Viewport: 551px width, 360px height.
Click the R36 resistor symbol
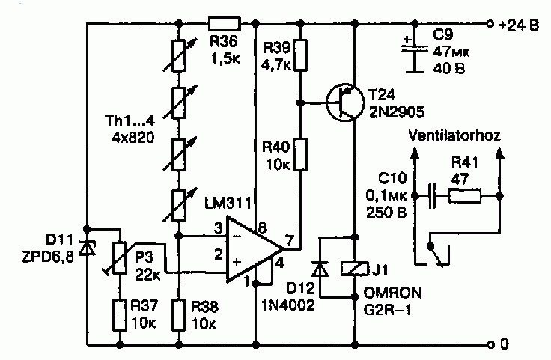[224, 23]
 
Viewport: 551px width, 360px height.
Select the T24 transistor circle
[344, 103]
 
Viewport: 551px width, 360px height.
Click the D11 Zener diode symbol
[87, 248]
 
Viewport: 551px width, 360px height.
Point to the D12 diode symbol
[320, 269]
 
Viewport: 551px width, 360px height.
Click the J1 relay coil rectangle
[355, 269]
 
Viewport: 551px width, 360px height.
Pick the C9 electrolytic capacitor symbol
[415, 52]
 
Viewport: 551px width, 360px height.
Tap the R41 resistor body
[465, 196]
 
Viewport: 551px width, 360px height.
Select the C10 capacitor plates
[432, 195]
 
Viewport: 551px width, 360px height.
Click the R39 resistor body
[300, 55]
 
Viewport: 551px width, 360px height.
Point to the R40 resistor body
[300, 154]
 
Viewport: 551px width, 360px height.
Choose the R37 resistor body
[120, 315]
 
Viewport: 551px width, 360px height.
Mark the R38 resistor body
[179, 315]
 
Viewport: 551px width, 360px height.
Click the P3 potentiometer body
[120, 258]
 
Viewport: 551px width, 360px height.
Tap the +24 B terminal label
[519, 25]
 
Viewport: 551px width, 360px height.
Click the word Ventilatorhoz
[454, 135]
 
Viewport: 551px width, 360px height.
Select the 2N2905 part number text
[396, 112]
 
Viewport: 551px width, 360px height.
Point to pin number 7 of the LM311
[289, 240]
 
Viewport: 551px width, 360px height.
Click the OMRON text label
[392, 293]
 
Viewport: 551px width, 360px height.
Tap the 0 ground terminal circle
[490, 344]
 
